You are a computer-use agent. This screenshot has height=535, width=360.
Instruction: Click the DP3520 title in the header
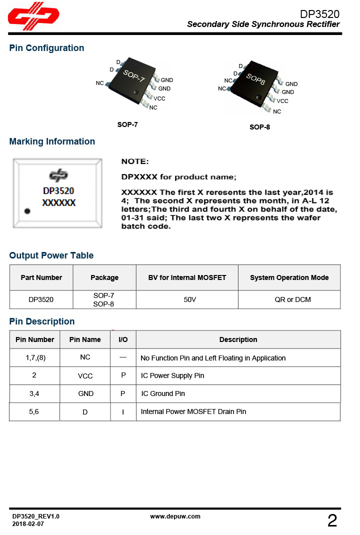point(319,14)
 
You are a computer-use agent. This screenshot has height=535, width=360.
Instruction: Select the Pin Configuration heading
point(46,48)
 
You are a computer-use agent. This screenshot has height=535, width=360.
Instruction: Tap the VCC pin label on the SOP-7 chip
point(159,98)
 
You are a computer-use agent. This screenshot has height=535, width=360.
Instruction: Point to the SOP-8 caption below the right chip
point(259,127)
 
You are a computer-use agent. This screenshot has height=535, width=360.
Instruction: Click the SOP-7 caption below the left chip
point(127,124)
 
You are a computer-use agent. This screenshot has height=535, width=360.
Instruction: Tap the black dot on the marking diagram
point(27,211)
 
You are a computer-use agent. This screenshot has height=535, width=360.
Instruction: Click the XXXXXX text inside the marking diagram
point(58,203)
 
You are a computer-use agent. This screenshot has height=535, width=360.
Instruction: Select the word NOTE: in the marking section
point(135,161)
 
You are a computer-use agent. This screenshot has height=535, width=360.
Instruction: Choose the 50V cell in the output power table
point(189,299)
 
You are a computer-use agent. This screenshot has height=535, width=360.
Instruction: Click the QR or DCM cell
point(289,299)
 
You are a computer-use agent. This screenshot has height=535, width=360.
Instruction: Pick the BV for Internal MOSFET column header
point(187,277)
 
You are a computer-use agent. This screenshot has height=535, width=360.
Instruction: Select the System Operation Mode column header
point(289,277)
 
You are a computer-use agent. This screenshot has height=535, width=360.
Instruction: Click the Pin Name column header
point(85,339)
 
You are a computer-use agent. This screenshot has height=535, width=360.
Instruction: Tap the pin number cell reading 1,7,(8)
point(34,357)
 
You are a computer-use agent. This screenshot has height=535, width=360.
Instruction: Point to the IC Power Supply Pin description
point(172,375)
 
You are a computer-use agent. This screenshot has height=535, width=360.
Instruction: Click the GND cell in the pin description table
point(85,393)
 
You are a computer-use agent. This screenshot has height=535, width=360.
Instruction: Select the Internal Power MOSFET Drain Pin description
point(193,411)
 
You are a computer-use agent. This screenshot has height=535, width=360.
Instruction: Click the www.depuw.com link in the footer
point(175,516)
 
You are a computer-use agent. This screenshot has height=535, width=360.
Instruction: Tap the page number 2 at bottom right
point(332,521)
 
